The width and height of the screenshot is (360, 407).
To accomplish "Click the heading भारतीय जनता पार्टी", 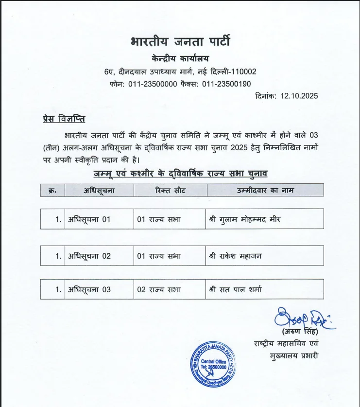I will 180,41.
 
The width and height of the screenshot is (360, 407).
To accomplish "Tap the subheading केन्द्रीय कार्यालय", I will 180,59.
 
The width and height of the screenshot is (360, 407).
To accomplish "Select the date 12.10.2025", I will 299,96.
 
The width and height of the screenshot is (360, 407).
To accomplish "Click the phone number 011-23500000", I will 153,84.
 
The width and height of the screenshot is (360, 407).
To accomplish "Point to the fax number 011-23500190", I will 226,84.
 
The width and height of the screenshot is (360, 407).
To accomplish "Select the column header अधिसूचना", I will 99,190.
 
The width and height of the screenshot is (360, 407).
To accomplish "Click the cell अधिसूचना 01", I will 89,219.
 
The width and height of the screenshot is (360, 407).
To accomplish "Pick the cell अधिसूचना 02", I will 89,256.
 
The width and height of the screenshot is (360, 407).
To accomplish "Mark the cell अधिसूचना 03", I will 89,289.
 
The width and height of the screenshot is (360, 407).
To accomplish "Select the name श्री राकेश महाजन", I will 235,256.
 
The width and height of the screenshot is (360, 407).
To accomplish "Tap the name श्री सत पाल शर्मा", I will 235,289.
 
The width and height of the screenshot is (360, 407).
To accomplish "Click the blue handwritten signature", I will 301,319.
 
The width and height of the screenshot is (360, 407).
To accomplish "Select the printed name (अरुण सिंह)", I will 299,332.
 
